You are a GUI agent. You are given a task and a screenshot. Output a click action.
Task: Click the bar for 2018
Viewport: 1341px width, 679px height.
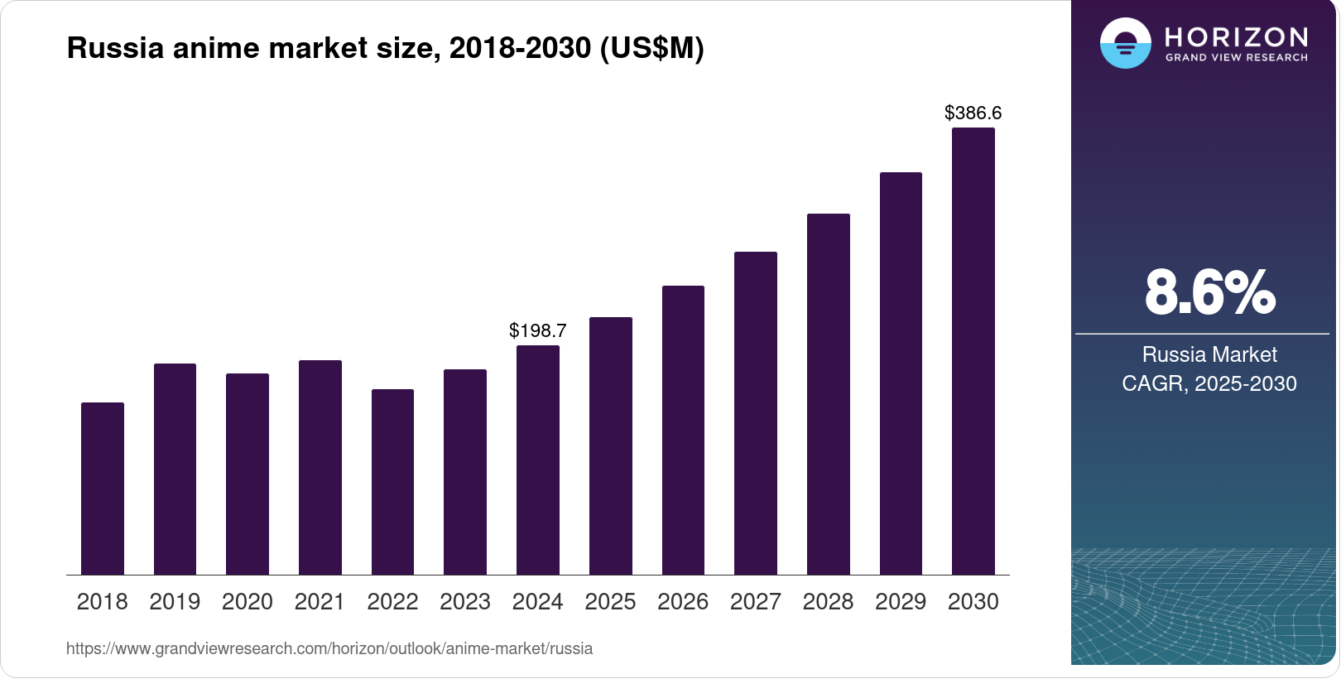coord(103,489)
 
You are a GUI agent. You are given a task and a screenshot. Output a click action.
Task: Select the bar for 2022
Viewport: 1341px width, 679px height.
coord(392,482)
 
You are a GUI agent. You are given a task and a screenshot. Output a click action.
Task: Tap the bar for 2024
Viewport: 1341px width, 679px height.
coord(538,460)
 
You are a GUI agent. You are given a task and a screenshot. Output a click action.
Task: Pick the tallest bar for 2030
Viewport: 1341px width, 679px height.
coord(973,351)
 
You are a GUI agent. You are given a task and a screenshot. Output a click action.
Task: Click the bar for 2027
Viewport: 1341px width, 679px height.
coord(755,413)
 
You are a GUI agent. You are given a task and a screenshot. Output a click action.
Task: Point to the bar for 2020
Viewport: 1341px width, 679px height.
coord(248,474)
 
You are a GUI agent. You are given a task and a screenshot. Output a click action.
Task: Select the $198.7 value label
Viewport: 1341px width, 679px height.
coord(538,331)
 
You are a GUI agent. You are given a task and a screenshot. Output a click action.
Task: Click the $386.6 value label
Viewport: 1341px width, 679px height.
coord(973,113)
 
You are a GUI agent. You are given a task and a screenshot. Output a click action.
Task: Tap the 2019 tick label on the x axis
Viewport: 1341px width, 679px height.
coord(175,602)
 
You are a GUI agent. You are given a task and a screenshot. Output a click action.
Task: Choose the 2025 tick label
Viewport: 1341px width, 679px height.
coord(610,602)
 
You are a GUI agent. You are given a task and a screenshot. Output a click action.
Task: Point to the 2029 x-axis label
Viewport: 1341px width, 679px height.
coord(901,602)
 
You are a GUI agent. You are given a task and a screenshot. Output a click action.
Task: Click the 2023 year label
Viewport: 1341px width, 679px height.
coord(465,602)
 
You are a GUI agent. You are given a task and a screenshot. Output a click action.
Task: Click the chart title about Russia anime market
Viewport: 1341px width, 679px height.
coord(385,48)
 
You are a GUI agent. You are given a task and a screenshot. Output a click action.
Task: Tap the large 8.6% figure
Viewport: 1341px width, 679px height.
coord(1209,292)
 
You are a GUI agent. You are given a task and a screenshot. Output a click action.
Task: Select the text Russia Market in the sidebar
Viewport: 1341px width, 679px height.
coord(1209,354)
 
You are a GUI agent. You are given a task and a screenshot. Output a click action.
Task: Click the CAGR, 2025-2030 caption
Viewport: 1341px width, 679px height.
coord(1209,383)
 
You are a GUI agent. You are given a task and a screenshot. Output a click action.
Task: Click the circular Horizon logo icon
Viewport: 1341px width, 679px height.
coord(1125,43)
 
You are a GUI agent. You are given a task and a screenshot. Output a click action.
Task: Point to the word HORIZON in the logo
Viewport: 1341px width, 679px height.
coord(1236,36)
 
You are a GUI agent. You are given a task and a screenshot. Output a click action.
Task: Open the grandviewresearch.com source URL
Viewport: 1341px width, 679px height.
coord(329,648)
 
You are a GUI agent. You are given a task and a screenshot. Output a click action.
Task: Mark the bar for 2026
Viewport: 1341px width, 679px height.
coord(683,431)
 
